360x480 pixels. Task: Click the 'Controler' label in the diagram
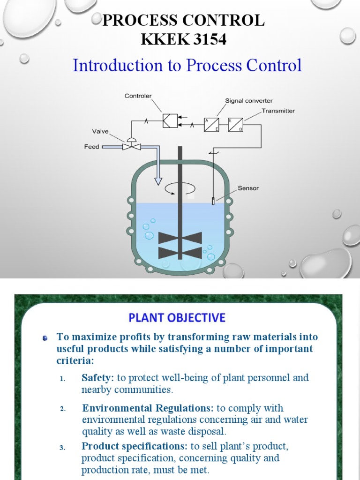138,96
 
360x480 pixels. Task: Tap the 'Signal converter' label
248,101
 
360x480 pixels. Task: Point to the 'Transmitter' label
278,111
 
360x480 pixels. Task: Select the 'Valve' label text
100,132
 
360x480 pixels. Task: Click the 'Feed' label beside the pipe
91,147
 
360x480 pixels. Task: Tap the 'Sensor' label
248,188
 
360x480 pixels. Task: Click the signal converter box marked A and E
211,124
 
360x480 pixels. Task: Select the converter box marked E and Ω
235,124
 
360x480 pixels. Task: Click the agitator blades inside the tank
180,245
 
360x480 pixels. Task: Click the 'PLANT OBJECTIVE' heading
177,318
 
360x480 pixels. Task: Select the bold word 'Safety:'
97,378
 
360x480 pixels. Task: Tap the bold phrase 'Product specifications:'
135,446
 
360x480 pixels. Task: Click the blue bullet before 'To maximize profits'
45,337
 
